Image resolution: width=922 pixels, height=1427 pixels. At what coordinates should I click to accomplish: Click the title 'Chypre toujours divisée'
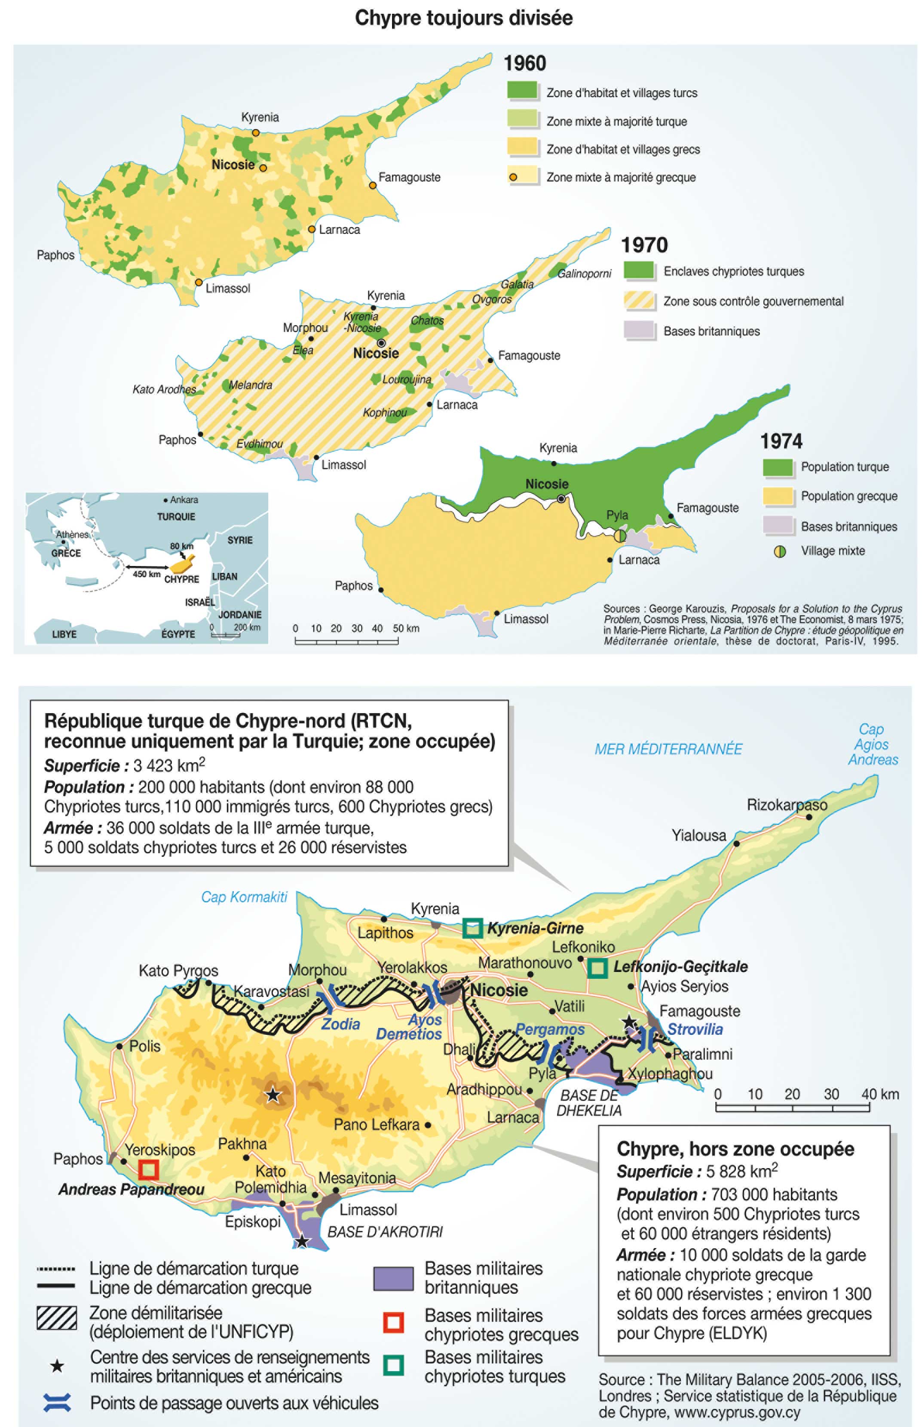[463, 18]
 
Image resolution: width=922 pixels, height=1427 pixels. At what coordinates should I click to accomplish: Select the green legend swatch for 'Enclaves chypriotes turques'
[639, 271]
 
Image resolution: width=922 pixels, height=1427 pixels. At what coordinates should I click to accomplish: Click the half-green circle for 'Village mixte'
[780, 551]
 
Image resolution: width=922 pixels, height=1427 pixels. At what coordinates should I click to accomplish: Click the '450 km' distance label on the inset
[146, 574]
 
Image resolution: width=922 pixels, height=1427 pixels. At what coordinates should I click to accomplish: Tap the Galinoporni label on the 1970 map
[584, 274]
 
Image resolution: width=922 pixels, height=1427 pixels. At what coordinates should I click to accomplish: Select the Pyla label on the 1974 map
[617, 515]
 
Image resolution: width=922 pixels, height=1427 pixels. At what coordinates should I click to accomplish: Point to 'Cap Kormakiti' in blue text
[244, 897]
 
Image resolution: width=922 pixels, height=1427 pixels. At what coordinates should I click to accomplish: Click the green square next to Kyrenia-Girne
[472, 928]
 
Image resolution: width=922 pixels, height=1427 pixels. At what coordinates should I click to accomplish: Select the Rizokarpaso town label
[787, 805]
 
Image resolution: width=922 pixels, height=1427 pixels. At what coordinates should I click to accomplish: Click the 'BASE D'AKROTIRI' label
[385, 1232]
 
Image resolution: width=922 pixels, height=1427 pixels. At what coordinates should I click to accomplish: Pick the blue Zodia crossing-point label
[341, 1024]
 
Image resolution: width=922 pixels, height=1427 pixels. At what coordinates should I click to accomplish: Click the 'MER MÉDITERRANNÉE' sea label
[668, 749]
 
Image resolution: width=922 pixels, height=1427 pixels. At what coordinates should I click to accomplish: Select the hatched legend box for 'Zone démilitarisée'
[57, 1318]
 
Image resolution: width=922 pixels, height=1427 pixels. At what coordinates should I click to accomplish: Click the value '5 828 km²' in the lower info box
[742, 1171]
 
